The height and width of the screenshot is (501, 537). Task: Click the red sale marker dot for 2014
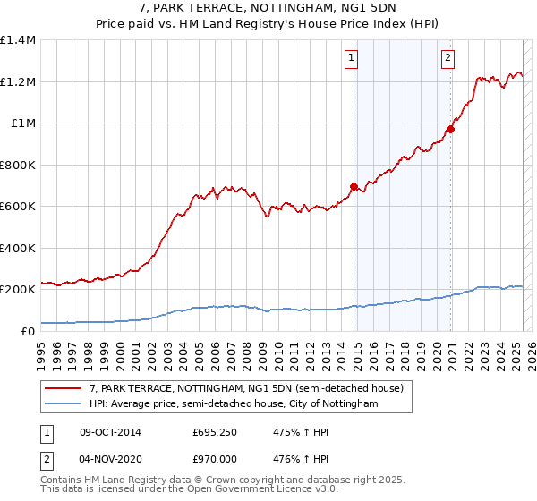coord(354,186)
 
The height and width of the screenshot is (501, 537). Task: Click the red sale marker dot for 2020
coord(450,129)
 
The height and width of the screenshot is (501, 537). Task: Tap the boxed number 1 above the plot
coord(351,59)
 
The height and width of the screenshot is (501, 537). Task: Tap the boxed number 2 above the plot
coord(447,59)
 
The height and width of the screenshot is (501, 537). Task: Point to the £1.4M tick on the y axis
coord(18,40)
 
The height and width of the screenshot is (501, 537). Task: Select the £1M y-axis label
coord(22,123)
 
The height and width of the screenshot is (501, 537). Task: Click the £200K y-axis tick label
coord(18,290)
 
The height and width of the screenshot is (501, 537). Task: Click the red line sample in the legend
coord(64,388)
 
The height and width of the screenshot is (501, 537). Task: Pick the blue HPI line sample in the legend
coord(64,404)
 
